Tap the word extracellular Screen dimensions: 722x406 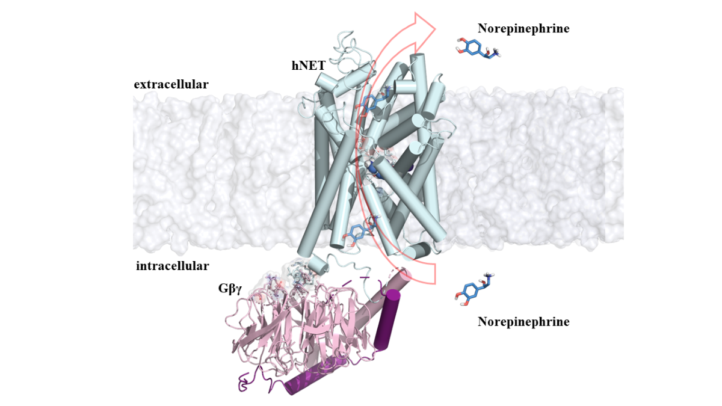(171, 85)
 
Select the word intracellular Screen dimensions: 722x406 (172, 266)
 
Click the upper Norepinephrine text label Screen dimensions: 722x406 (523, 28)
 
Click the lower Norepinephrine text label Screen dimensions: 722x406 (523, 322)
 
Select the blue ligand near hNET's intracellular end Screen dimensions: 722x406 (359, 232)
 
